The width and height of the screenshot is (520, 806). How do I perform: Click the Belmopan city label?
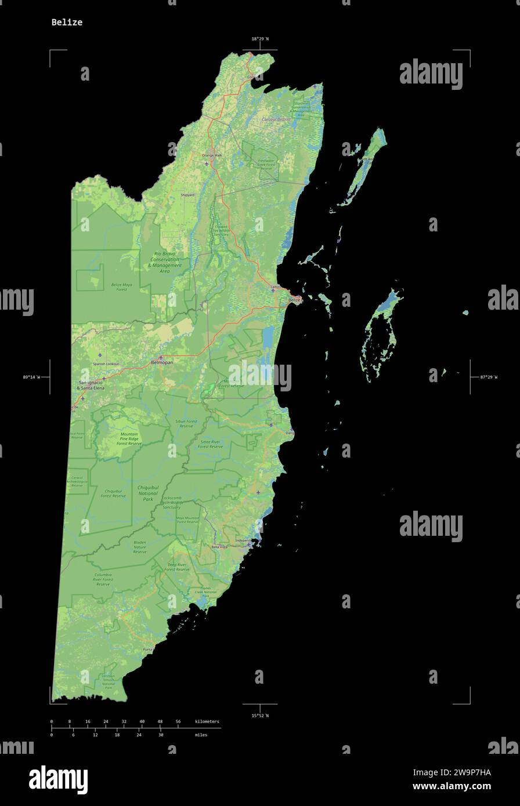pyautogui.click(x=162, y=362)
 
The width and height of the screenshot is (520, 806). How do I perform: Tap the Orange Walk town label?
pyautogui.click(x=212, y=155)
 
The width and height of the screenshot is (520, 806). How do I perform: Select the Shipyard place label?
pyautogui.click(x=187, y=195)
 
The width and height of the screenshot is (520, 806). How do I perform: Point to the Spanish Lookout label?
pyautogui.click(x=106, y=364)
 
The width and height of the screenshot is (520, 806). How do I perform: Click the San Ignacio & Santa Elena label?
pyautogui.click(x=91, y=385)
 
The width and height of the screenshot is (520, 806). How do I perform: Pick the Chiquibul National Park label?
pyautogui.click(x=148, y=493)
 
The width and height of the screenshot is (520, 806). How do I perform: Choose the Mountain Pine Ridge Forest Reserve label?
pyautogui.click(x=129, y=438)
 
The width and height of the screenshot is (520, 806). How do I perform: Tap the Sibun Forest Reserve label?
pyautogui.click(x=186, y=423)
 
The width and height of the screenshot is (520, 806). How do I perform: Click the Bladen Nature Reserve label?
pyautogui.click(x=140, y=547)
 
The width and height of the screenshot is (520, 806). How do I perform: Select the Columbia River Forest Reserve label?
pyautogui.click(x=103, y=579)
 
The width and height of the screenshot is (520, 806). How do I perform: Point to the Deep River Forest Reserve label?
pyautogui.click(x=176, y=567)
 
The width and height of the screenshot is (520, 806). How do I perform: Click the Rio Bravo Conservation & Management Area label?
pyautogui.click(x=164, y=262)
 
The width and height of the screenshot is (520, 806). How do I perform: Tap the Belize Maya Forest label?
pyautogui.click(x=121, y=286)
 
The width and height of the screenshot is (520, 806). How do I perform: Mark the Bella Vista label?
pyautogui.click(x=219, y=547)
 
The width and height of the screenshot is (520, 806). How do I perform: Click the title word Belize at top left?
pyautogui.click(x=67, y=22)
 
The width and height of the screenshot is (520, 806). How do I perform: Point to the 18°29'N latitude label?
pyautogui.click(x=260, y=39)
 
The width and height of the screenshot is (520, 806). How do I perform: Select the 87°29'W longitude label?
pyautogui.click(x=489, y=377)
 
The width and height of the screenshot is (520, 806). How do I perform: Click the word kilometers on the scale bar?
pyautogui.click(x=207, y=721)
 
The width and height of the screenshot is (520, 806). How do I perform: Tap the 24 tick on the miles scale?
pyautogui.click(x=139, y=735)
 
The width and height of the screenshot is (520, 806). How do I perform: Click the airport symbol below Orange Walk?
pyautogui.click(x=206, y=164)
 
